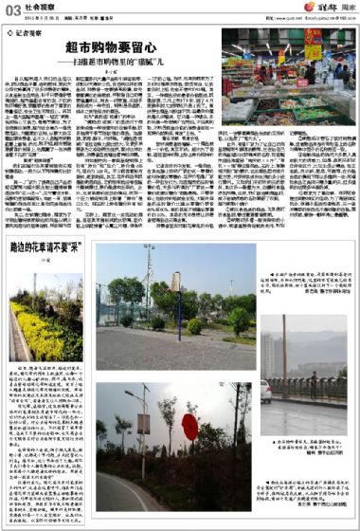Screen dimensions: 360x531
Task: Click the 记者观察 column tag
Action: pyautogui.click(x=27, y=29)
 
